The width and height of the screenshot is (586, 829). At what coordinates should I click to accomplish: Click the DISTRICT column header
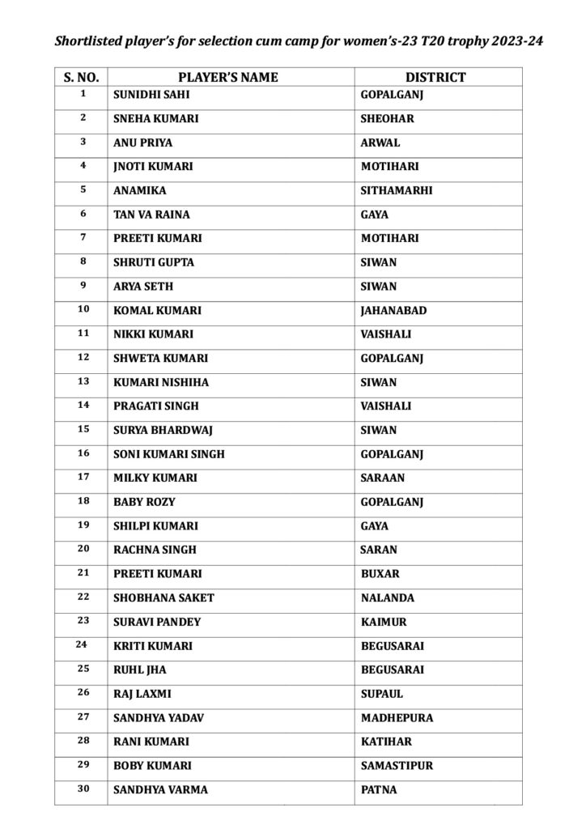(x=435, y=78)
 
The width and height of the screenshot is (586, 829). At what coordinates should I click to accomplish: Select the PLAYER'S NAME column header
(x=227, y=78)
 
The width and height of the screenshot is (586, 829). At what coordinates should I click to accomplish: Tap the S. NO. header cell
(x=81, y=78)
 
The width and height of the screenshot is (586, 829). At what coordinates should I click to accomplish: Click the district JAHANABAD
(x=394, y=311)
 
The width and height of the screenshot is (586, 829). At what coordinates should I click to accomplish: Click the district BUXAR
(x=380, y=574)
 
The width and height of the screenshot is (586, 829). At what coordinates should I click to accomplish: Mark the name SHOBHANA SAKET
(x=164, y=598)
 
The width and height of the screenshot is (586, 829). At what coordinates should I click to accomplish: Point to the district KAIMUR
(x=384, y=623)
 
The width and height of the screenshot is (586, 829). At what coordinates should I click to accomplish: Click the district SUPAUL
(x=382, y=695)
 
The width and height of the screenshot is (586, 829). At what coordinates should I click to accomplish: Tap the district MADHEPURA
(x=397, y=718)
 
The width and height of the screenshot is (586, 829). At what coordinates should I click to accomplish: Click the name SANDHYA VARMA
(x=160, y=790)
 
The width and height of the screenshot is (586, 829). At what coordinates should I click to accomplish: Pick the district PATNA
(x=379, y=790)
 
